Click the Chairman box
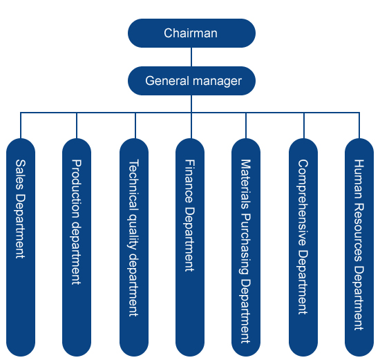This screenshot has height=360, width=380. [191, 33]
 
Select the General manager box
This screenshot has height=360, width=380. [191, 81]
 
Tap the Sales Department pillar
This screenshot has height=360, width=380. [21, 247]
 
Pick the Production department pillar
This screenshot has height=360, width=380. [77, 247]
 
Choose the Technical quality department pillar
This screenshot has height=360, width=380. [134, 247]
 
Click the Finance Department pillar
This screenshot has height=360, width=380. [190, 247]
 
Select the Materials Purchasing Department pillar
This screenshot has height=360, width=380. [246, 247]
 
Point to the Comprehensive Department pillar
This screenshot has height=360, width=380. [303, 247]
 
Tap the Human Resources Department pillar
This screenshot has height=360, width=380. [359, 247]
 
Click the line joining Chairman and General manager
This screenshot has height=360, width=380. [191, 57]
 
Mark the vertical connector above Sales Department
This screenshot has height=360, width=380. [21, 125]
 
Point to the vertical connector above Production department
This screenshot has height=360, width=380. [77, 125]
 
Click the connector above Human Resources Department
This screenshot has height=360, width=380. [359, 125]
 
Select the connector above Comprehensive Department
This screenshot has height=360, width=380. [304, 125]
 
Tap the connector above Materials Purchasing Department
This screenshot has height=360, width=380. [246, 125]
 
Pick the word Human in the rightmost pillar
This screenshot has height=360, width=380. [359, 179]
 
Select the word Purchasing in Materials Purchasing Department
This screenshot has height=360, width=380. [245, 244]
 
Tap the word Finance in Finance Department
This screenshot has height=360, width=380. [190, 181]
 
